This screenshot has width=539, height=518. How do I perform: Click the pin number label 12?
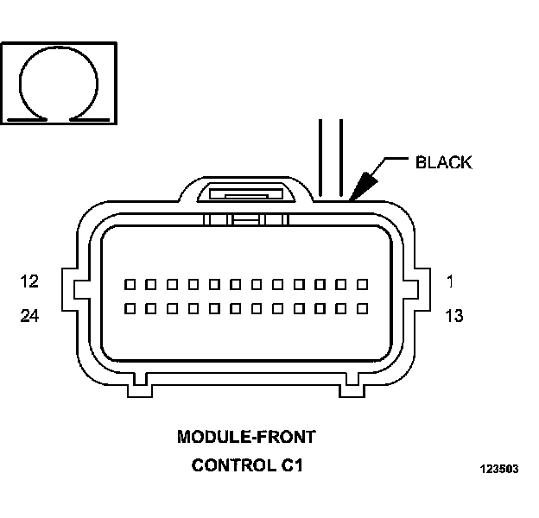29,281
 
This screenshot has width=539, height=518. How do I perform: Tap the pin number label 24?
29,316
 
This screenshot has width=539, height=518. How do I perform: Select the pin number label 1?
450,281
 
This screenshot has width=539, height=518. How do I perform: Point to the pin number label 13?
454,316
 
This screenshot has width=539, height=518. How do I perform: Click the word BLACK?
444,162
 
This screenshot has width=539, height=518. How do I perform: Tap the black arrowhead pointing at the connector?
363,186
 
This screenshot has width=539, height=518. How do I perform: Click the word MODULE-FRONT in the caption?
246,437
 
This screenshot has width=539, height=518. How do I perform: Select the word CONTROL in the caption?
234,465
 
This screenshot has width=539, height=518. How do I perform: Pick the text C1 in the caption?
292,465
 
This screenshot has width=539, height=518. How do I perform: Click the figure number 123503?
499,469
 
